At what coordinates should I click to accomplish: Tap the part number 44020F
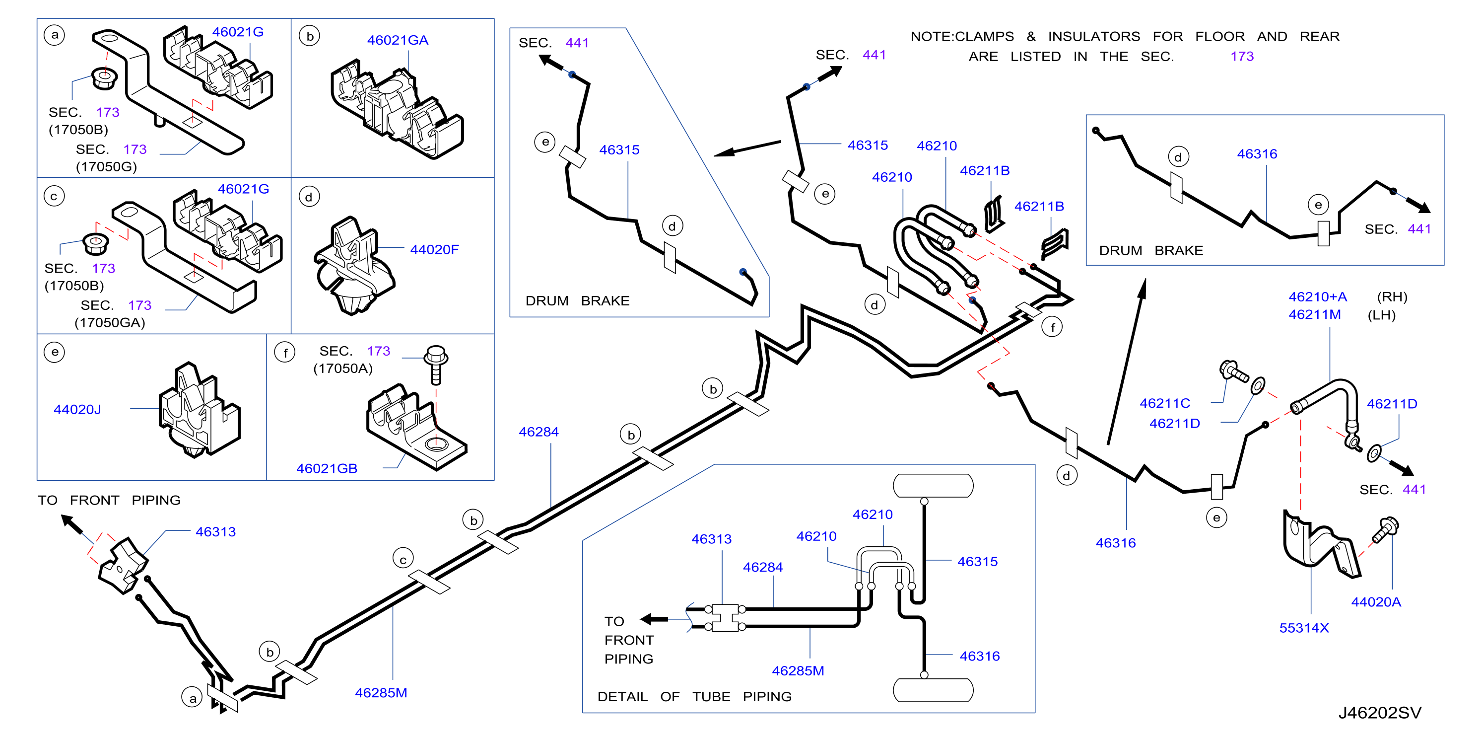(x=434, y=250)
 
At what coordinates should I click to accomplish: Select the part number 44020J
(x=77, y=410)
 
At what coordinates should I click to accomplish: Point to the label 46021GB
(x=327, y=469)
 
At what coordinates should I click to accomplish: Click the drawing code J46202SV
(x=1379, y=713)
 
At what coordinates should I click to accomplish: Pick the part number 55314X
(x=1304, y=628)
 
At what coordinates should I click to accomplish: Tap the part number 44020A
(x=1376, y=602)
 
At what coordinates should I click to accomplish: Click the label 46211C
(x=1165, y=403)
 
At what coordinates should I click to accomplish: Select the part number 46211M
(x=1314, y=315)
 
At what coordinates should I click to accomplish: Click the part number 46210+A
(x=1317, y=297)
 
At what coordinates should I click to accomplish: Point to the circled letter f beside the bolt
(x=285, y=352)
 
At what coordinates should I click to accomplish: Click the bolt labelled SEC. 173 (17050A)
(x=436, y=365)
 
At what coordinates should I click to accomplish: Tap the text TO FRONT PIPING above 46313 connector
(x=109, y=501)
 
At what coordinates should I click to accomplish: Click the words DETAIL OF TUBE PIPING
(x=694, y=697)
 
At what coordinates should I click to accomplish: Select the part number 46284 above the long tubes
(x=539, y=432)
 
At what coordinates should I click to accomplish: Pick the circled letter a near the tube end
(x=192, y=698)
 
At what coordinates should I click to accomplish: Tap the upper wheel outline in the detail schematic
(x=933, y=486)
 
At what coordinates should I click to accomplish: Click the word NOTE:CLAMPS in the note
(x=962, y=37)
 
